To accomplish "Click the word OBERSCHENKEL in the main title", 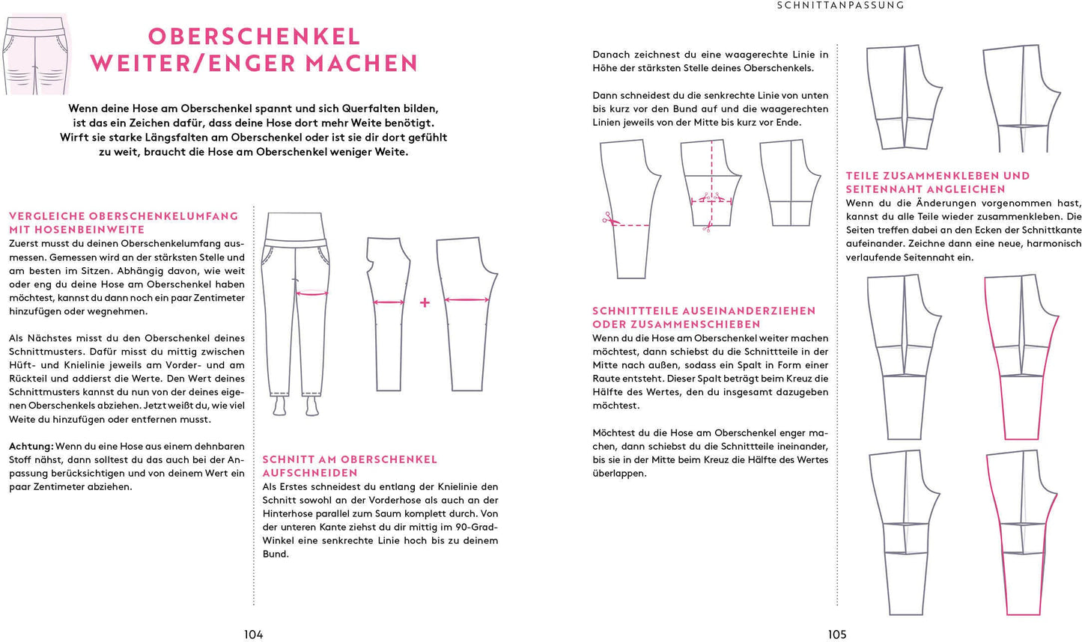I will pyautogui.click(x=254, y=36).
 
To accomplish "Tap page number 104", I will pyautogui.click(x=253, y=635).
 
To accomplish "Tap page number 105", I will pyautogui.click(x=836, y=635).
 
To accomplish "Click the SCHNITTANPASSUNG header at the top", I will pyautogui.click(x=840, y=5).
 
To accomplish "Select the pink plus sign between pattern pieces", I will pyautogui.click(x=425, y=302).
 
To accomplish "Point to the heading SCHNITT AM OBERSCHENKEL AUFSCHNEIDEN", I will pyautogui.click(x=350, y=465).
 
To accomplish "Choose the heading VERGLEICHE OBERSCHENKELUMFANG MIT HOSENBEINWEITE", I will pyautogui.click(x=124, y=222).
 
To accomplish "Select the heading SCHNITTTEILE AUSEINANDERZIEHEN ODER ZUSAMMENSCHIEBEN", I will pyautogui.click(x=704, y=317).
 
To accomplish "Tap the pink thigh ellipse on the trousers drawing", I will pyautogui.click(x=312, y=292).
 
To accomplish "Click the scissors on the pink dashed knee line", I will pyautogui.click(x=607, y=219).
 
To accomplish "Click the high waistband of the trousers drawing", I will pyautogui.click(x=296, y=225).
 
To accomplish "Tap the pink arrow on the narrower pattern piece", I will pyautogui.click(x=389, y=302).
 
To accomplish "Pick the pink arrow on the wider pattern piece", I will pyautogui.click(x=466, y=299).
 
